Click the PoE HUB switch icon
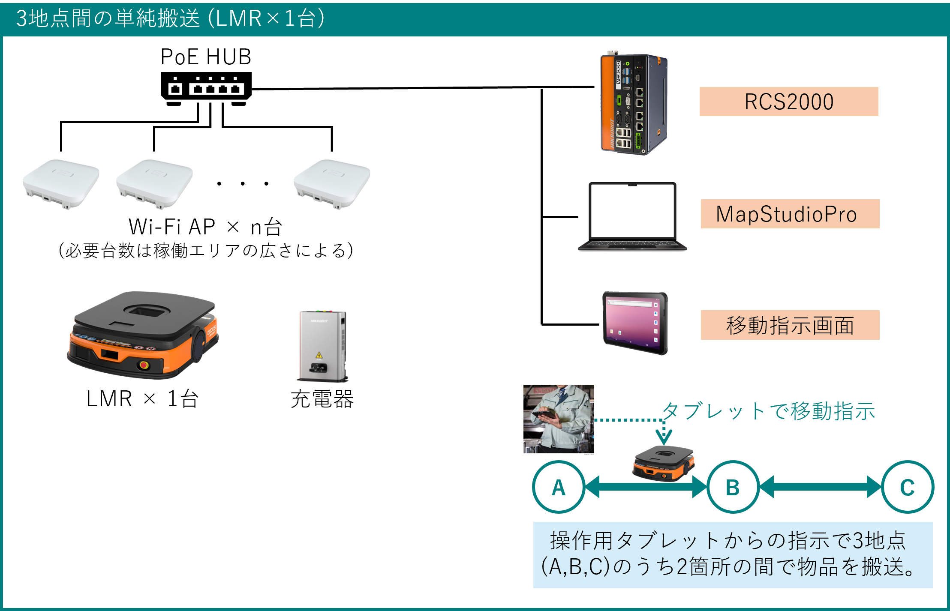tap(206, 88)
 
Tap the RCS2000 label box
tap(789, 102)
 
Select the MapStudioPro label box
tap(790, 214)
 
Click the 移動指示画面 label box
tap(790, 325)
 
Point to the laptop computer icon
tap(632, 216)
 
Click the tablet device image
tap(635, 323)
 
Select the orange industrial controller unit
tap(633, 104)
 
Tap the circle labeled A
tap(559, 487)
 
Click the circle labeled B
tap(733, 487)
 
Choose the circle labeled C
tap(907, 487)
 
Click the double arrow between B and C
tap(820, 487)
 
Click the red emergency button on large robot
tap(144, 365)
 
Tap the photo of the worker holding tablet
tap(559, 419)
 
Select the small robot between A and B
tap(664, 464)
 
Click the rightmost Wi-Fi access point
tap(332, 183)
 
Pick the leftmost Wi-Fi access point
tap(61, 183)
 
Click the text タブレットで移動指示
tap(768, 411)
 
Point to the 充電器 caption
tap(322, 399)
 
